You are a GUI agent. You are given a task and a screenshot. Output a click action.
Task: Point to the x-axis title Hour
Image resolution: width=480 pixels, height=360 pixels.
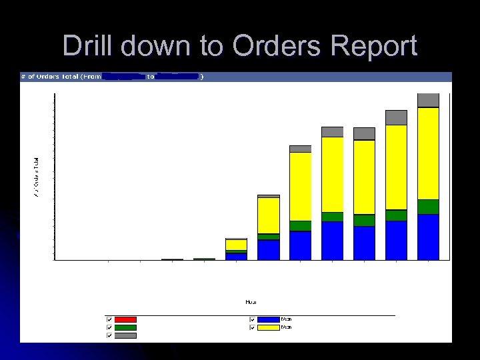[x=251, y=302]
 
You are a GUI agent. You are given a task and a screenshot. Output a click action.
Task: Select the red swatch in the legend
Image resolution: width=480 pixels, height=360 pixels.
[x=125, y=320]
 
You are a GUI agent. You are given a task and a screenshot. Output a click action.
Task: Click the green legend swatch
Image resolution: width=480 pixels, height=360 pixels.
[x=125, y=328]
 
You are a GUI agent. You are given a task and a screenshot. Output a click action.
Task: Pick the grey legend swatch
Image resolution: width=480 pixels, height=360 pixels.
[x=125, y=336]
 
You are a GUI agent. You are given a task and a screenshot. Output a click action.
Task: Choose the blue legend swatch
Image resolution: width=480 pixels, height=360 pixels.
[x=268, y=320]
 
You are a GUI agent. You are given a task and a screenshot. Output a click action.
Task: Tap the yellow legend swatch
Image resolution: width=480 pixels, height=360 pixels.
[x=268, y=327]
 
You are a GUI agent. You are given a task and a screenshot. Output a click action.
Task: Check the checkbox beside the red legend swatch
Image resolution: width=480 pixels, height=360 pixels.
[x=109, y=320]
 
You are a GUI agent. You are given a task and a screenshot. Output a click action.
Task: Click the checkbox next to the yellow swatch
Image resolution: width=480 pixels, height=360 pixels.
[x=252, y=327]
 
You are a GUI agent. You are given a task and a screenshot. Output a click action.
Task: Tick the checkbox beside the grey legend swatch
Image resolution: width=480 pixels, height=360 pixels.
[x=109, y=336]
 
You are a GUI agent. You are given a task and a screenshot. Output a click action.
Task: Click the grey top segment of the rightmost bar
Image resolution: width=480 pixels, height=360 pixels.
[x=428, y=100]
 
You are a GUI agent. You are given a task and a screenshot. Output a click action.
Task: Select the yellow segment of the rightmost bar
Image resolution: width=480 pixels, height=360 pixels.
[x=428, y=153]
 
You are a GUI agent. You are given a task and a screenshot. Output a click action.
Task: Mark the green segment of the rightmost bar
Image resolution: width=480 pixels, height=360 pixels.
[x=428, y=207]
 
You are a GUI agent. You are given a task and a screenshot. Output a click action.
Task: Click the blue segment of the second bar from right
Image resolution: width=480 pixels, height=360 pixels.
[x=396, y=240]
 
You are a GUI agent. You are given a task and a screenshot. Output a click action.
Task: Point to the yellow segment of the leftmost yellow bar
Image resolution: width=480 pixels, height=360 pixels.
[x=236, y=245]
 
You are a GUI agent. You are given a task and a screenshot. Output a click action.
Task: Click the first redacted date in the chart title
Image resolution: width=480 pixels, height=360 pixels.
[x=124, y=77]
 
